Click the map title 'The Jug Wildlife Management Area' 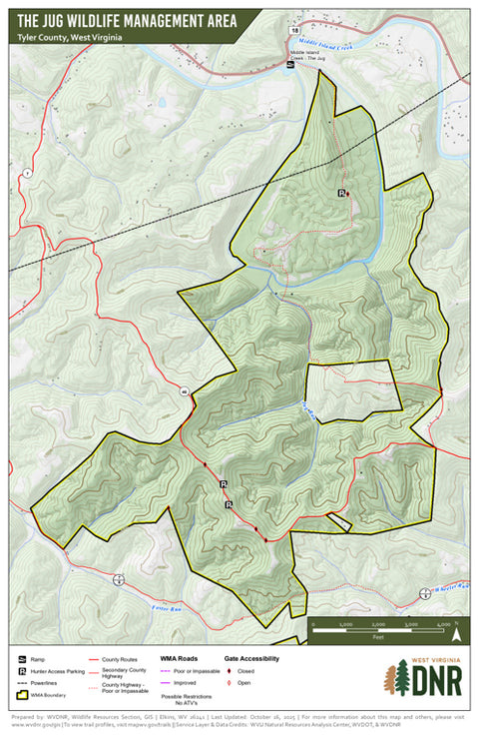click(x=127, y=18)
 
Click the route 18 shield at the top click(x=295, y=32)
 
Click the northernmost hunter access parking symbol click(x=342, y=193)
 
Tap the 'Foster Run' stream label click(x=167, y=606)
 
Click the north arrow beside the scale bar click(x=456, y=630)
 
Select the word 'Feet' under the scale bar click(x=378, y=636)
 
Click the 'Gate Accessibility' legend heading click(x=250, y=659)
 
